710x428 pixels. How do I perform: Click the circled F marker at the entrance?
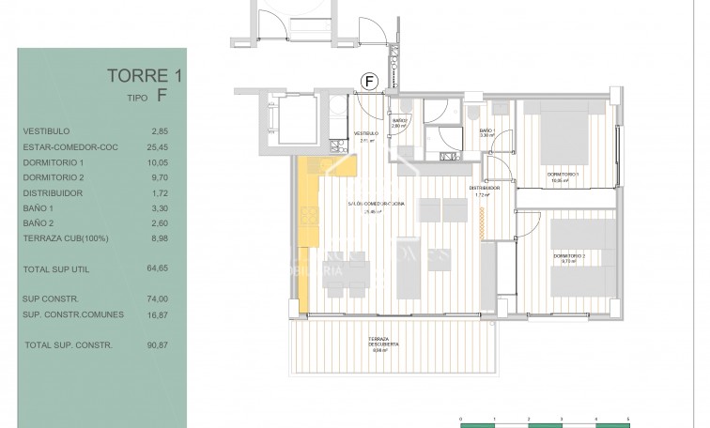tap(370, 82)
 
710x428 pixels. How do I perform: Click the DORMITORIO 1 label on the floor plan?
tap(565, 176)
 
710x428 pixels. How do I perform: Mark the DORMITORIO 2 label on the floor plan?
tap(569, 257)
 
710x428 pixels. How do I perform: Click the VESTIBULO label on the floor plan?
tap(365, 134)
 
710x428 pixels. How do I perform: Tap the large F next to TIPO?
tap(162, 95)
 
